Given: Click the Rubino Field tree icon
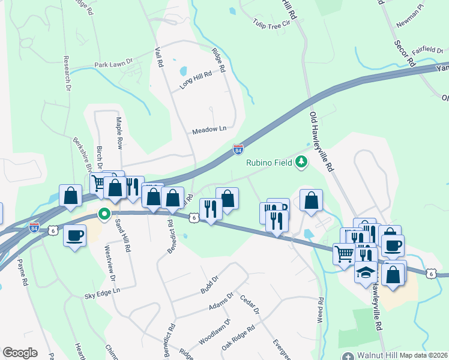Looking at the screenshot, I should (301, 162).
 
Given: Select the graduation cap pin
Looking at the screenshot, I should (366, 272).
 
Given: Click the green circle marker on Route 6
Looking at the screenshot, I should (104, 214).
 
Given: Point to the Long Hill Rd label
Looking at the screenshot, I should (196, 80).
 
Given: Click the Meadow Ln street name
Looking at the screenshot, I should (209, 130).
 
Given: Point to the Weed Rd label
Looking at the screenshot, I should (321, 310).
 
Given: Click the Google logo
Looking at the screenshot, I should (20, 352).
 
